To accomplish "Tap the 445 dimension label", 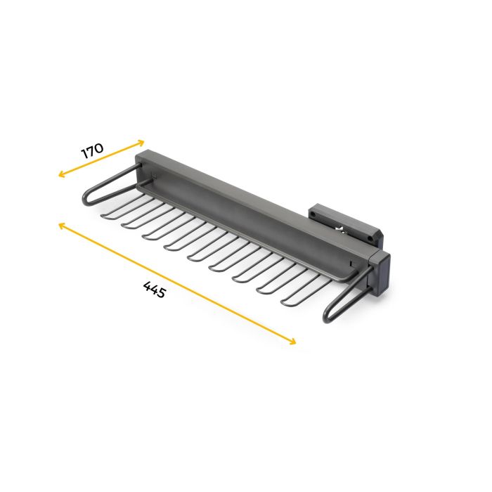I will pyautogui.click(x=154, y=290).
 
